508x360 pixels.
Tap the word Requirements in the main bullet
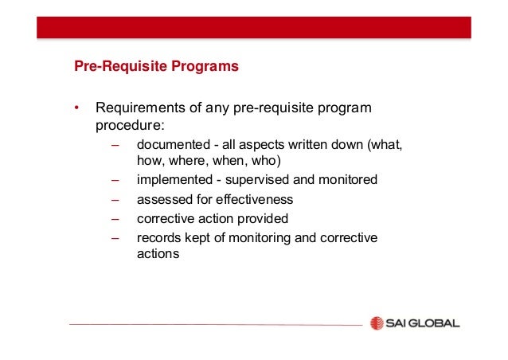click(138, 108)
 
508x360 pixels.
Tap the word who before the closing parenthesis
click(265, 162)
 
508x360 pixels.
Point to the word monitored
click(342, 180)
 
